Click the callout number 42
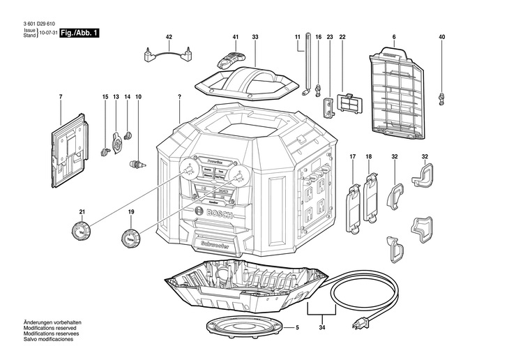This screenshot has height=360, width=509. [x=169, y=36]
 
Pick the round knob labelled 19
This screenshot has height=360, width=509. [x=130, y=237]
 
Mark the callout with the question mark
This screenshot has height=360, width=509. [x=179, y=95]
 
